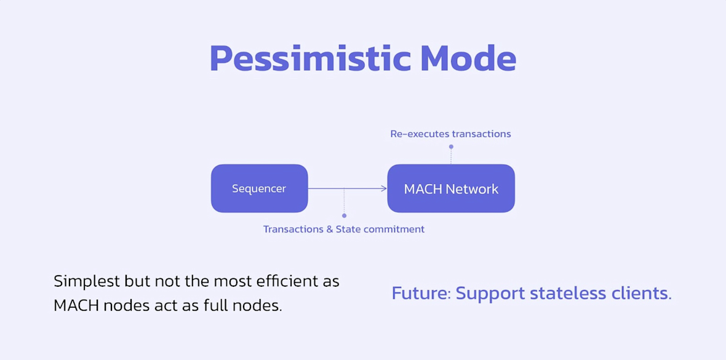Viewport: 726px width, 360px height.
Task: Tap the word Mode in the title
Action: coord(468,58)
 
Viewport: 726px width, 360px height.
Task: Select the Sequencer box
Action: coord(259,188)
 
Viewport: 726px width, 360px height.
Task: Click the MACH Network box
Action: coord(451,188)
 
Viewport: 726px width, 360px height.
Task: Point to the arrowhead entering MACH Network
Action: coord(384,188)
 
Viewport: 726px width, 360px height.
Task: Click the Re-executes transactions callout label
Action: coord(450,134)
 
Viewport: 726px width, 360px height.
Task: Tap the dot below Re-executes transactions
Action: coord(451,146)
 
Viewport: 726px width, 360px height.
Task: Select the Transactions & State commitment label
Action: coord(344,229)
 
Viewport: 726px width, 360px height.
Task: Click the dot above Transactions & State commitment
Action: coord(344,215)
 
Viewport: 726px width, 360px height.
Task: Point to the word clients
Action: coord(642,293)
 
